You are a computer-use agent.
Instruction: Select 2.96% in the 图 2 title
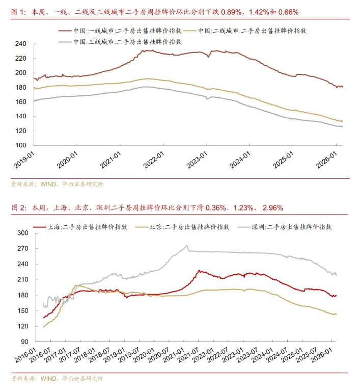click(272, 208)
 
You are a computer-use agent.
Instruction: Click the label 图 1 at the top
click(18, 11)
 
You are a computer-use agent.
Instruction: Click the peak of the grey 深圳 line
click(187, 246)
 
